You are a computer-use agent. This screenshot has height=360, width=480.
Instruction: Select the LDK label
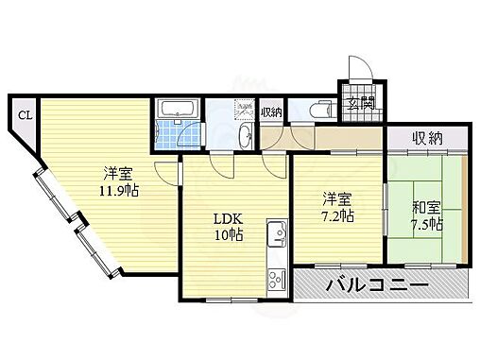pos(227,218)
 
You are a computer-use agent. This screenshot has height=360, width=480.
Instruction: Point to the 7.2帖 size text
pos(338,215)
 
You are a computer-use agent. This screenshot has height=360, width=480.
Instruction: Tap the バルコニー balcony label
pos(377,284)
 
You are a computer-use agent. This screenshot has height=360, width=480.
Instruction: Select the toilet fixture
pos(316,111)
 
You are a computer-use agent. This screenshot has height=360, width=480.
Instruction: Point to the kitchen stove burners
pos(279,278)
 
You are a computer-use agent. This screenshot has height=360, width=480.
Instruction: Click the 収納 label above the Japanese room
pos(427,139)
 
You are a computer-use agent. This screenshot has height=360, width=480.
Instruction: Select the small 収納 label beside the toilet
pos(271,111)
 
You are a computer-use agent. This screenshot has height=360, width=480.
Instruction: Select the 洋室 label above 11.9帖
pos(117,173)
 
